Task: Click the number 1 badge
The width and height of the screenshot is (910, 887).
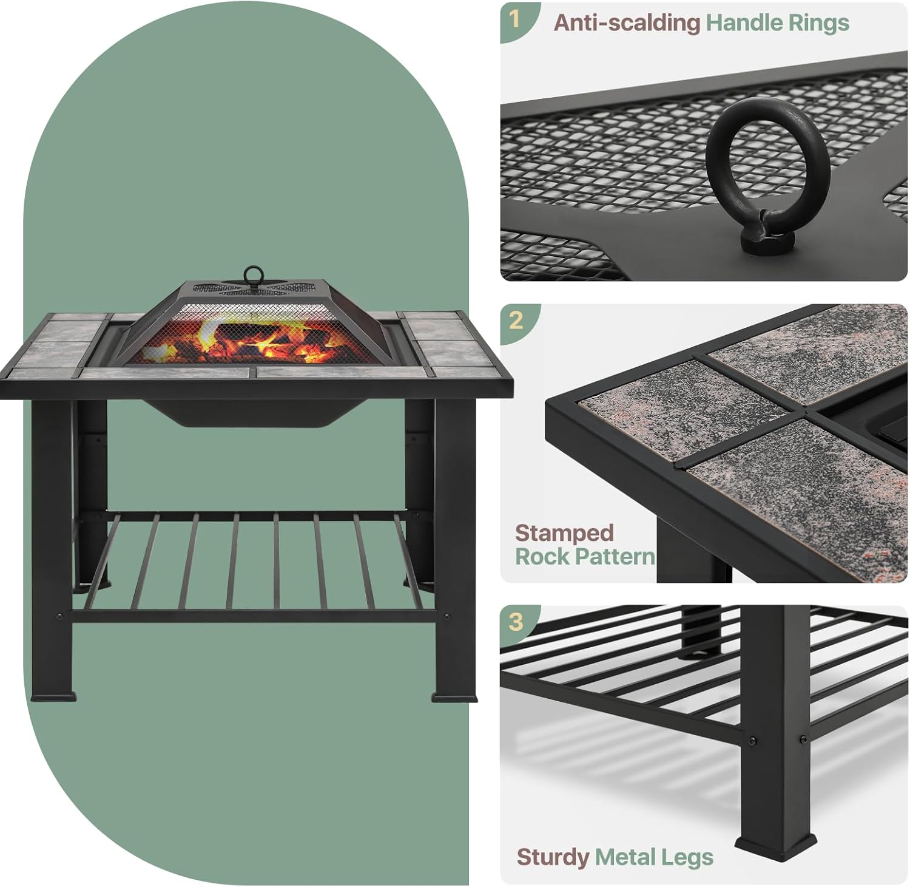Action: coord(515,19)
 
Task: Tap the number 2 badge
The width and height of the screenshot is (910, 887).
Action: coord(516,320)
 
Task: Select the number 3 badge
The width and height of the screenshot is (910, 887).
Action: coord(516,621)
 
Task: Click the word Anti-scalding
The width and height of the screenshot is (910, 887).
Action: coord(627,23)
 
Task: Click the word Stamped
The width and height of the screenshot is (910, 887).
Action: coord(564,533)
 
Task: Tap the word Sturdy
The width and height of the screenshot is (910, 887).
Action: coord(552,857)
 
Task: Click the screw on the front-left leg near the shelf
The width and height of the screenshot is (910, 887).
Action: coord(59,617)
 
